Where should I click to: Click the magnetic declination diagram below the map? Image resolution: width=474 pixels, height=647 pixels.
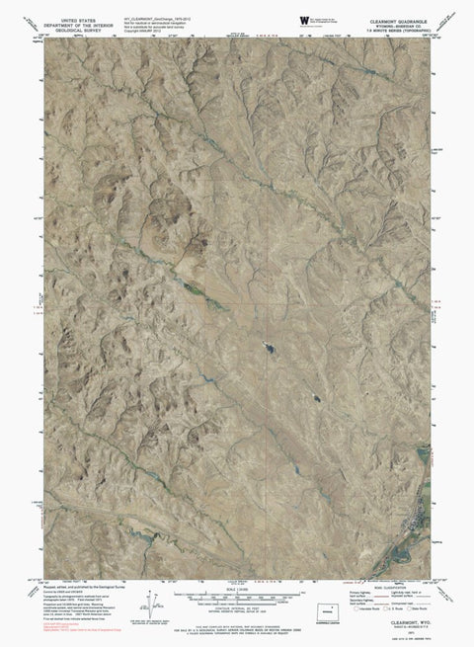point(148,600)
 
